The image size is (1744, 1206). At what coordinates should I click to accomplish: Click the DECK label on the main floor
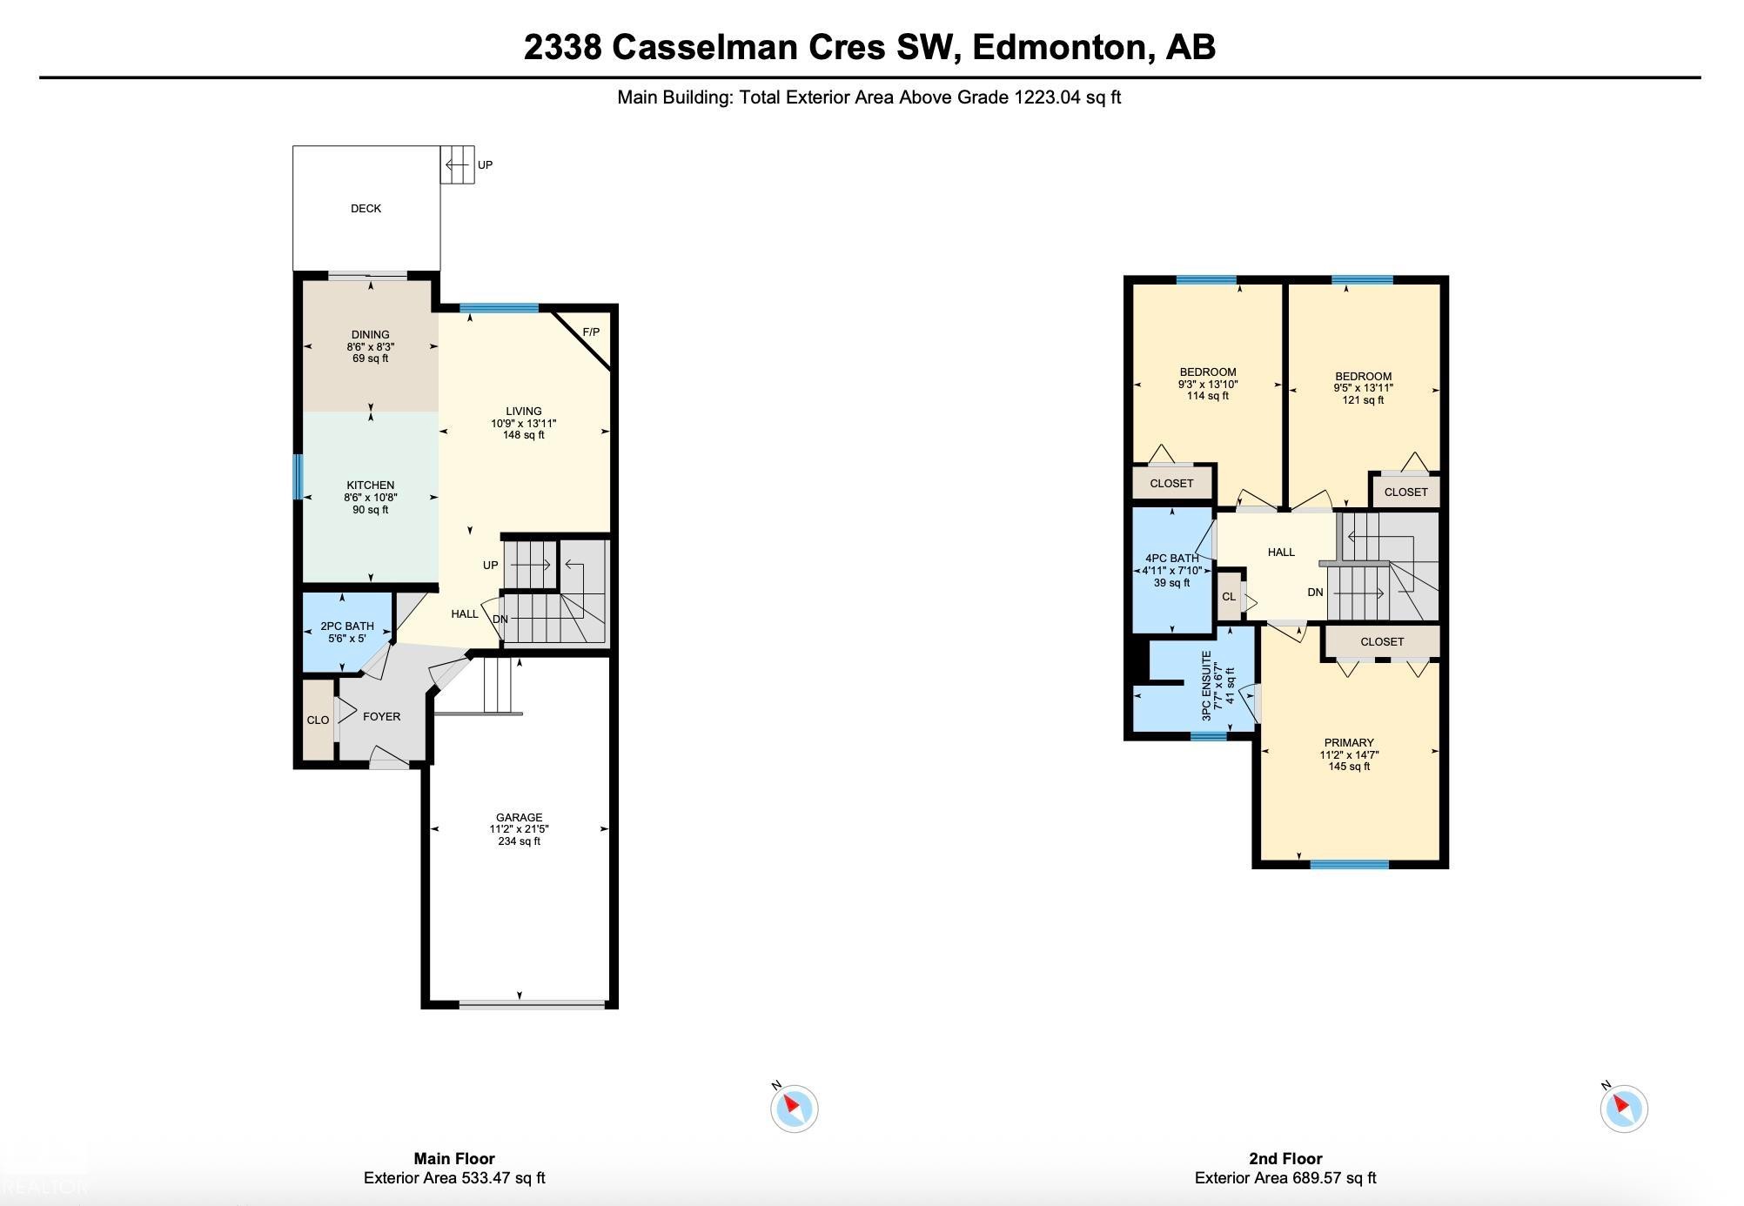click(366, 209)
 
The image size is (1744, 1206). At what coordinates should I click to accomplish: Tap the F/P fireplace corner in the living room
click(591, 332)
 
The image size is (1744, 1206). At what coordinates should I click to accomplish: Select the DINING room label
click(370, 335)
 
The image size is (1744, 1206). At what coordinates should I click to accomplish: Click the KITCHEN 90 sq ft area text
click(370, 510)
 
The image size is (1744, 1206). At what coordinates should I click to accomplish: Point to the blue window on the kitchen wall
click(298, 476)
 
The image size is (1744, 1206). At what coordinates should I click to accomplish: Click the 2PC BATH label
click(346, 626)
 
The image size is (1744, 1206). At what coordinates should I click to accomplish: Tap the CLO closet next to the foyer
click(318, 720)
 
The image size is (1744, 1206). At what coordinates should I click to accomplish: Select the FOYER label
click(381, 717)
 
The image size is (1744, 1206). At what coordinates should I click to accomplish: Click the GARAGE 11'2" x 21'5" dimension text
click(519, 829)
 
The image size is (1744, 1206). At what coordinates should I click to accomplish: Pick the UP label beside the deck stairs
click(485, 165)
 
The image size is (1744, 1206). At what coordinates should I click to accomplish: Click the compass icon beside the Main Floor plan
click(794, 1109)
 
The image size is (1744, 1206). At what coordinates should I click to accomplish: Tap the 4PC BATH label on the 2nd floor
click(1171, 559)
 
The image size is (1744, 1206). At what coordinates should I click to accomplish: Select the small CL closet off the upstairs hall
click(1228, 597)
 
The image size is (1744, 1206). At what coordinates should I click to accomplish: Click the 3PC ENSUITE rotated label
click(1206, 686)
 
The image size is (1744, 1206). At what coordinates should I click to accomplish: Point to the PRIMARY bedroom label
click(1349, 743)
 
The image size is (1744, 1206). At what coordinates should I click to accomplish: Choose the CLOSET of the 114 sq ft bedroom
click(1171, 484)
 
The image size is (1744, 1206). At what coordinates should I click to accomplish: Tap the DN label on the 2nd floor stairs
click(1315, 593)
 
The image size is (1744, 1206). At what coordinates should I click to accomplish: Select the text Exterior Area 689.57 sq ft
click(1285, 1179)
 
